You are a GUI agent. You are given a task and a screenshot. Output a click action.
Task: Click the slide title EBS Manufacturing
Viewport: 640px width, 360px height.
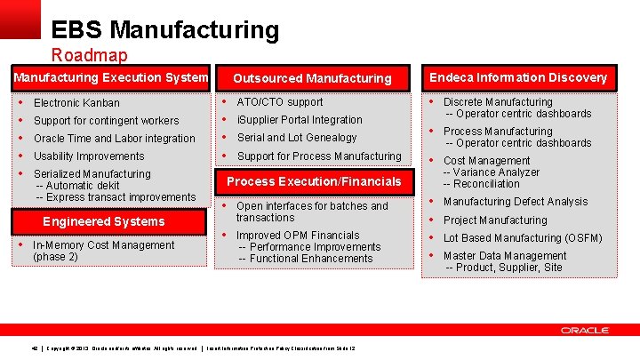(164, 30)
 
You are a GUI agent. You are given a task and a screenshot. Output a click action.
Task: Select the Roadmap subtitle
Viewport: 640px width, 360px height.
(89, 55)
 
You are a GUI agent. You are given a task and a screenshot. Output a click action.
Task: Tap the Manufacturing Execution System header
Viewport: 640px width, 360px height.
(111, 77)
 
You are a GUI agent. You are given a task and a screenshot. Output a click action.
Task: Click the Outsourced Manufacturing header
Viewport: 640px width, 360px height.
(312, 78)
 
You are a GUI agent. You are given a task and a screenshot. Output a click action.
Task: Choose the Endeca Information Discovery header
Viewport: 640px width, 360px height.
(518, 77)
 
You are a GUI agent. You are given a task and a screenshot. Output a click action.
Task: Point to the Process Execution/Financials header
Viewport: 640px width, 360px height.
(314, 181)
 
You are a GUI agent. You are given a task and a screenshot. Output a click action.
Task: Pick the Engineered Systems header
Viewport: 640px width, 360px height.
(104, 221)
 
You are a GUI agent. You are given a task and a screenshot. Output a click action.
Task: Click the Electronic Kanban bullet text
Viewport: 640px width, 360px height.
(76, 103)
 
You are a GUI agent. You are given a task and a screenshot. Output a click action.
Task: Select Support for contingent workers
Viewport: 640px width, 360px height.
(106, 121)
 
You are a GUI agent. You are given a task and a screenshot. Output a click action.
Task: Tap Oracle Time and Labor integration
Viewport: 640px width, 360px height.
(114, 139)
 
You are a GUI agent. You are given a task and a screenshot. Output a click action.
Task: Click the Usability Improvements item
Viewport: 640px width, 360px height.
(89, 156)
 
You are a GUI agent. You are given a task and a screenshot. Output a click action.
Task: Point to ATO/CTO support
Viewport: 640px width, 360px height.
(280, 102)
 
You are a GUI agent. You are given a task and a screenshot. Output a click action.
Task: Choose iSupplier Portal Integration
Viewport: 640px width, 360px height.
(300, 120)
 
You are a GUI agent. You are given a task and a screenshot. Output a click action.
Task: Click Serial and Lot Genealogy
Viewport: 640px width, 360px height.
(297, 138)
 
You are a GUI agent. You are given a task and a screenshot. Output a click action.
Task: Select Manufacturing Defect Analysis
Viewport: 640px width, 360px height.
(516, 202)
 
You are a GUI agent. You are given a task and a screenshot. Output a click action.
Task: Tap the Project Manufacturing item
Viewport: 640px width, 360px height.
(495, 220)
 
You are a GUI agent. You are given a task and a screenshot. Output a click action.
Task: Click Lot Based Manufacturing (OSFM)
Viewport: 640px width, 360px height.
(523, 238)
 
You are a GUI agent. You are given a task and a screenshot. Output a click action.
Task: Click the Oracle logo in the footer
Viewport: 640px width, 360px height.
(584, 330)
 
